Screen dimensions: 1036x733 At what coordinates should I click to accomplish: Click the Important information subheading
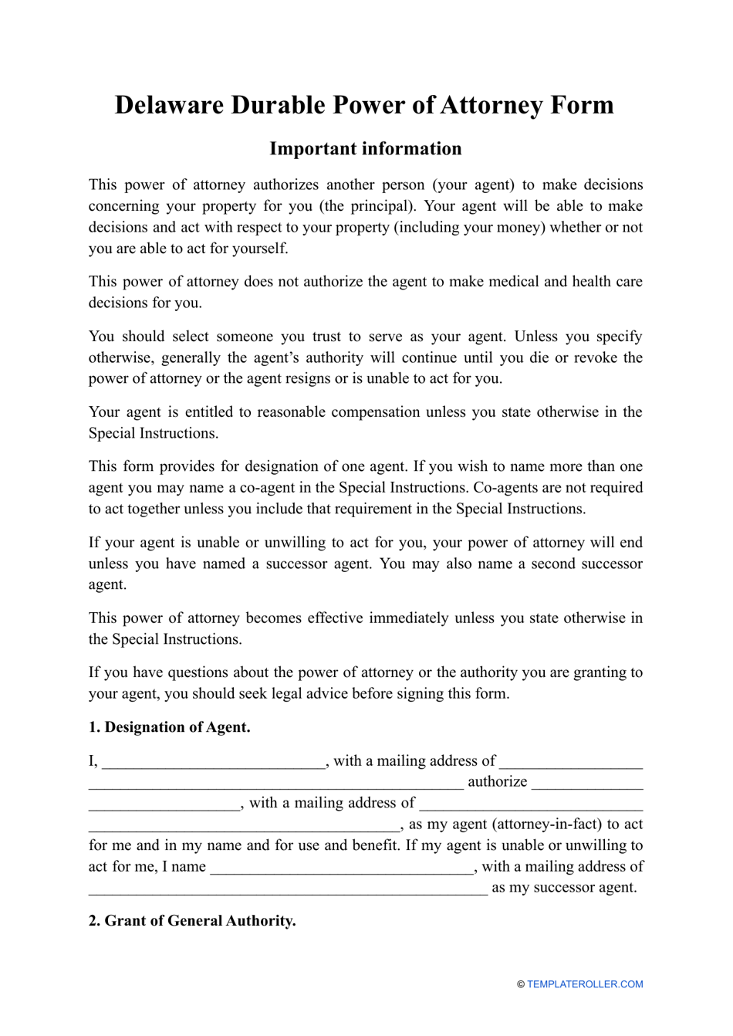click(366, 149)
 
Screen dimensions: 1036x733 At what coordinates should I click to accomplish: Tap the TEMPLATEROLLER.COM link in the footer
click(585, 984)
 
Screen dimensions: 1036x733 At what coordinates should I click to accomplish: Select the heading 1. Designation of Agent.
click(169, 727)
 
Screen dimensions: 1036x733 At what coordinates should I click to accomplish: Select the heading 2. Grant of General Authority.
click(192, 921)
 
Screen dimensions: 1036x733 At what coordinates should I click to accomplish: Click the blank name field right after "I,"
click(213, 763)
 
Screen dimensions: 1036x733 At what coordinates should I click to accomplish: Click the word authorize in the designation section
click(498, 782)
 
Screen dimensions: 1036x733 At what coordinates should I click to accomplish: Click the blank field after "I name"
click(342, 868)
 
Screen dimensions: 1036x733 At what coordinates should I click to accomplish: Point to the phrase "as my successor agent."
click(564, 888)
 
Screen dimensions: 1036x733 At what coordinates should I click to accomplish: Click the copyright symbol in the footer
click(521, 984)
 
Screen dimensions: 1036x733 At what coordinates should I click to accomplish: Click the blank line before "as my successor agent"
click(287, 889)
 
